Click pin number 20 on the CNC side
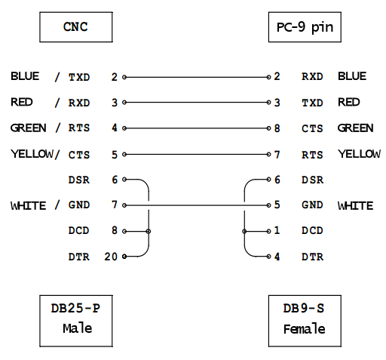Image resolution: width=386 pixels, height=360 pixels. pos(111,257)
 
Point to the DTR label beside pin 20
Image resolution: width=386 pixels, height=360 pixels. pos(79,257)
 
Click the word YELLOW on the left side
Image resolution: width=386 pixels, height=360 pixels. pos(32,154)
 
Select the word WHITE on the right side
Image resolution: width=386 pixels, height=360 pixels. pos(355,205)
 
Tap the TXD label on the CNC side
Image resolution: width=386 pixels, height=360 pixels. pos(79,77)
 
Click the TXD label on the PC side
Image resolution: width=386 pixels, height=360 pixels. pos(312,103)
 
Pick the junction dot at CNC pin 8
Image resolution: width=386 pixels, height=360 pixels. pos(149,231)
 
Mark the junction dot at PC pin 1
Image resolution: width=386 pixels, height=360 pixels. pos(244,231)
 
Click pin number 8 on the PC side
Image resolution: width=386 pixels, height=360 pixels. pos(277,128)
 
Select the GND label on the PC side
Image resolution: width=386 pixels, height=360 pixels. pos(312,205)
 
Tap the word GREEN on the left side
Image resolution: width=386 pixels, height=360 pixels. pos(29,128)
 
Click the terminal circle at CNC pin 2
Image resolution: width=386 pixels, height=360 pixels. pos(124,77)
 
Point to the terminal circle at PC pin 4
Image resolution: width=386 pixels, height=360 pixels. pos(268,257)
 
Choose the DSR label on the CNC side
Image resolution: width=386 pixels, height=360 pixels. pos(79,180)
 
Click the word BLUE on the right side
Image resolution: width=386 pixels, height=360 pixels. pos(352,76)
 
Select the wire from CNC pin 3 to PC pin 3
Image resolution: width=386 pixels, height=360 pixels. pos(197,103)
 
